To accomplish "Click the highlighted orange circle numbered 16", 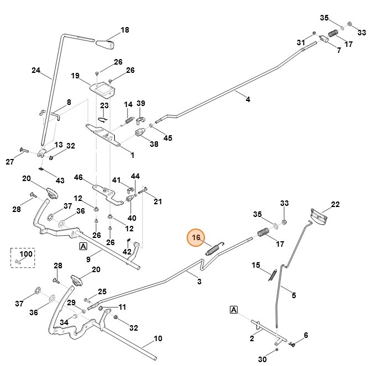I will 196,238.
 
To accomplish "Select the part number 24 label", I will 36,70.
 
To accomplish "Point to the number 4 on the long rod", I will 248,99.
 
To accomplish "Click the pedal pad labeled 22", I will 319,215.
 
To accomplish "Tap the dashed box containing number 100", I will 23,258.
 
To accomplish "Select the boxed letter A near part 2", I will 234,310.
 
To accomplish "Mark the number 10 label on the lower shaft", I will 157,338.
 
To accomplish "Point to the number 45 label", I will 167,137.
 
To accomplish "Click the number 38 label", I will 154,144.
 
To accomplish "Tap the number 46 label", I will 78,177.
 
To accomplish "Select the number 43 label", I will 60,181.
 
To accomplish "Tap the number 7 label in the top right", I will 338,51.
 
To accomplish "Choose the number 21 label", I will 158,201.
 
